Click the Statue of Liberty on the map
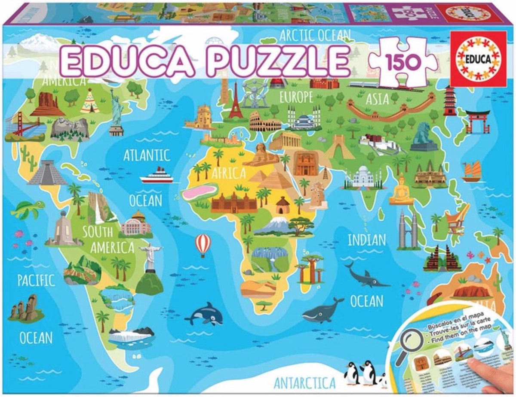coord(116,111)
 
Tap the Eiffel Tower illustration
coord(235,102)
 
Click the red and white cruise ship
coord(157,175)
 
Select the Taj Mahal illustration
coord(362,176)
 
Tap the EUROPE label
coord(296,97)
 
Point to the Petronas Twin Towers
coord(408,230)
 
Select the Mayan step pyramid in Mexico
coord(47,173)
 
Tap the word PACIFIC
coord(36,281)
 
